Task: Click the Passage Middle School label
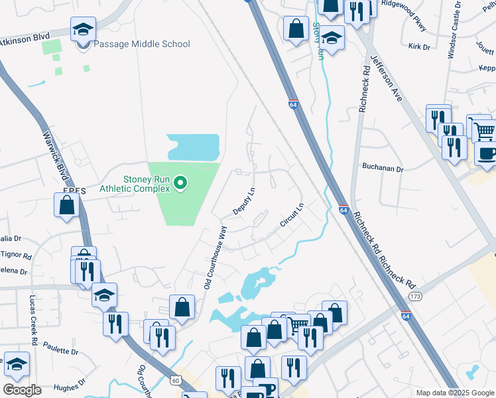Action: [142, 44]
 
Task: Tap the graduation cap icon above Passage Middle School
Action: [84, 30]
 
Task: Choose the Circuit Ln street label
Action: [292, 216]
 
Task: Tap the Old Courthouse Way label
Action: [216, 258]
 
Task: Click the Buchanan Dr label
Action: [383, 168]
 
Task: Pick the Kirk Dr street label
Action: [420, 47]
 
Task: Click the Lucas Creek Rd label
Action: [32, 320]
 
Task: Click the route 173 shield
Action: [416, 295]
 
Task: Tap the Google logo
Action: [23, 390]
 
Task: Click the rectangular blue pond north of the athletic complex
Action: [193, 147]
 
